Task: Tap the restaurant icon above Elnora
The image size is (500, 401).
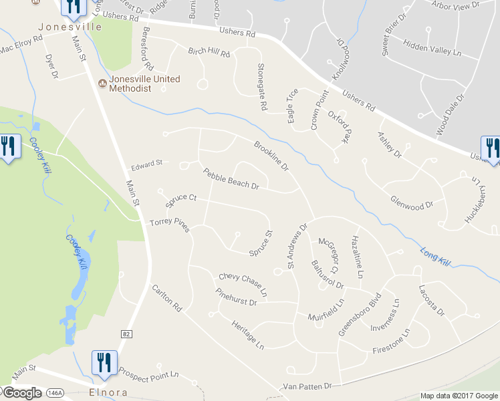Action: [104, 363]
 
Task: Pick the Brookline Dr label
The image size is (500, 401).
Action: [271, 155]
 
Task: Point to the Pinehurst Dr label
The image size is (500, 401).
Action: [237, 297]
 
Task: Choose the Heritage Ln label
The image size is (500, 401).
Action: [248, 333]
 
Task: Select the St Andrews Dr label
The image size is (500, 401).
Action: [297, 246]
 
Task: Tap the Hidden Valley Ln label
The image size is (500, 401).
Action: [433, 51]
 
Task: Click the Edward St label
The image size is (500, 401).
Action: [147, 163]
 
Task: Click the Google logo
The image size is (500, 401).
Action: [21, 392]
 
